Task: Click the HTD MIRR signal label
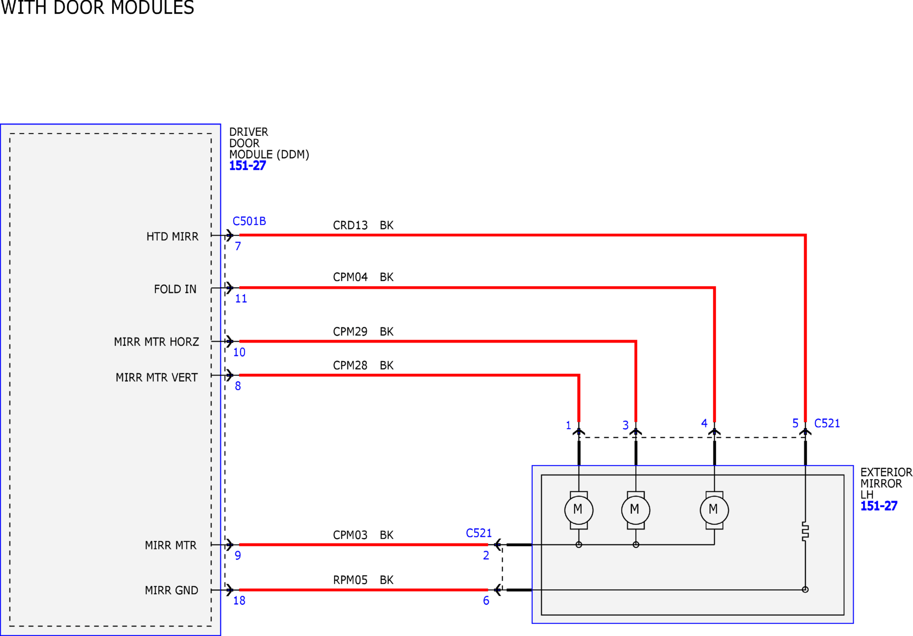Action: pyautogui.click(x=172, y=237)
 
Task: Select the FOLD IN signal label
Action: pyautogui.click(x=175, y=289)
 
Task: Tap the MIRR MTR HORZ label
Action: pyautogui.click(x=156, y=342)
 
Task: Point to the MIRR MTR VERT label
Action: pyautogui.click(x=156, y=377)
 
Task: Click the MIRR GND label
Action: pyautogui.click(x=171, y=591)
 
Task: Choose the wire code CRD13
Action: pyautogui.click(x=350, y=225)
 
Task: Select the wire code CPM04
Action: pyautogui.click(x=350, y=277)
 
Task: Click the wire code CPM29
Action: pyautogui.click(x=350, y=332)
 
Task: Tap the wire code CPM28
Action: pyautogui.click(x=350, y=365)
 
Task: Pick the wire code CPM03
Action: pyautogui.click(x=350, y=535)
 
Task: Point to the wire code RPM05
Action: pyautogui.click(x=350, y=580)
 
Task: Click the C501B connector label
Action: pyautogui.click(x=249, y=221)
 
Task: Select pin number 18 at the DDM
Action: pyautogui.click(x=239, y=601)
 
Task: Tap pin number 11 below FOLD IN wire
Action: pyautogui.click(x=241, y=299)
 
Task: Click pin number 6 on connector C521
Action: pyautogui.click(x=486, y=601)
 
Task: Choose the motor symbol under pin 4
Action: pyautogui.click(x=714, y=510)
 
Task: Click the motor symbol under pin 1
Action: pyautogui.click(x=579, y=510)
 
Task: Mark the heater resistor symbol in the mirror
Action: pyautogui.click(x=805, y=532)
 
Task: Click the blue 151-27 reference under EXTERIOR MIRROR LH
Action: pyautogui.click(x=879, y=506)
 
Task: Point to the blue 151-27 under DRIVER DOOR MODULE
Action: pyautogui.click(x=247, y=166)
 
